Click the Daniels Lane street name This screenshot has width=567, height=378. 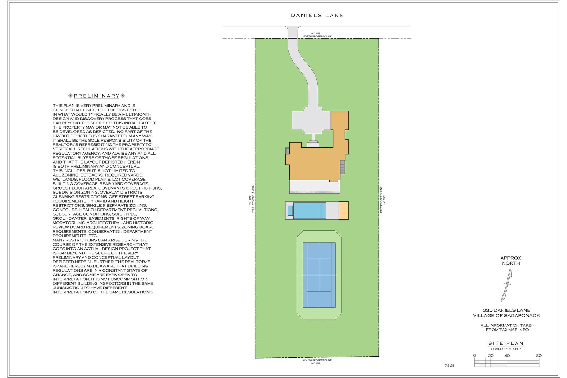(317, 16)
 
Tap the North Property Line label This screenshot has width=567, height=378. (317, 37)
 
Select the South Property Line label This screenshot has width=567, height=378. (317, 360)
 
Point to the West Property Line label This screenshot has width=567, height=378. (252, 199)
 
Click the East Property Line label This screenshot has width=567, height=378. (381, 200)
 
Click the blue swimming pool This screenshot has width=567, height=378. (310, 211)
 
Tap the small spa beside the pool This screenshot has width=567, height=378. (290, 211)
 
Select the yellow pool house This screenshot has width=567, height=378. (344, 211)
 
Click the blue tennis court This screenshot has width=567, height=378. (319, 275)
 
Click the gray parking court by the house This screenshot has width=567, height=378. (311, 121)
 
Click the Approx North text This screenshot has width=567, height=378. (511, 260)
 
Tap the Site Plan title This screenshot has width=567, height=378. (506, 343)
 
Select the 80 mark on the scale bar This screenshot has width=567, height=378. (538, 356)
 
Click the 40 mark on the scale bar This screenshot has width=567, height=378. (507, 356)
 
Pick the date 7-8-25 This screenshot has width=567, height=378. (449, 366)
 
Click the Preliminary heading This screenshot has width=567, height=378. (97, 96)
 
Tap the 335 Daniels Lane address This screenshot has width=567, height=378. (506, 310)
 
